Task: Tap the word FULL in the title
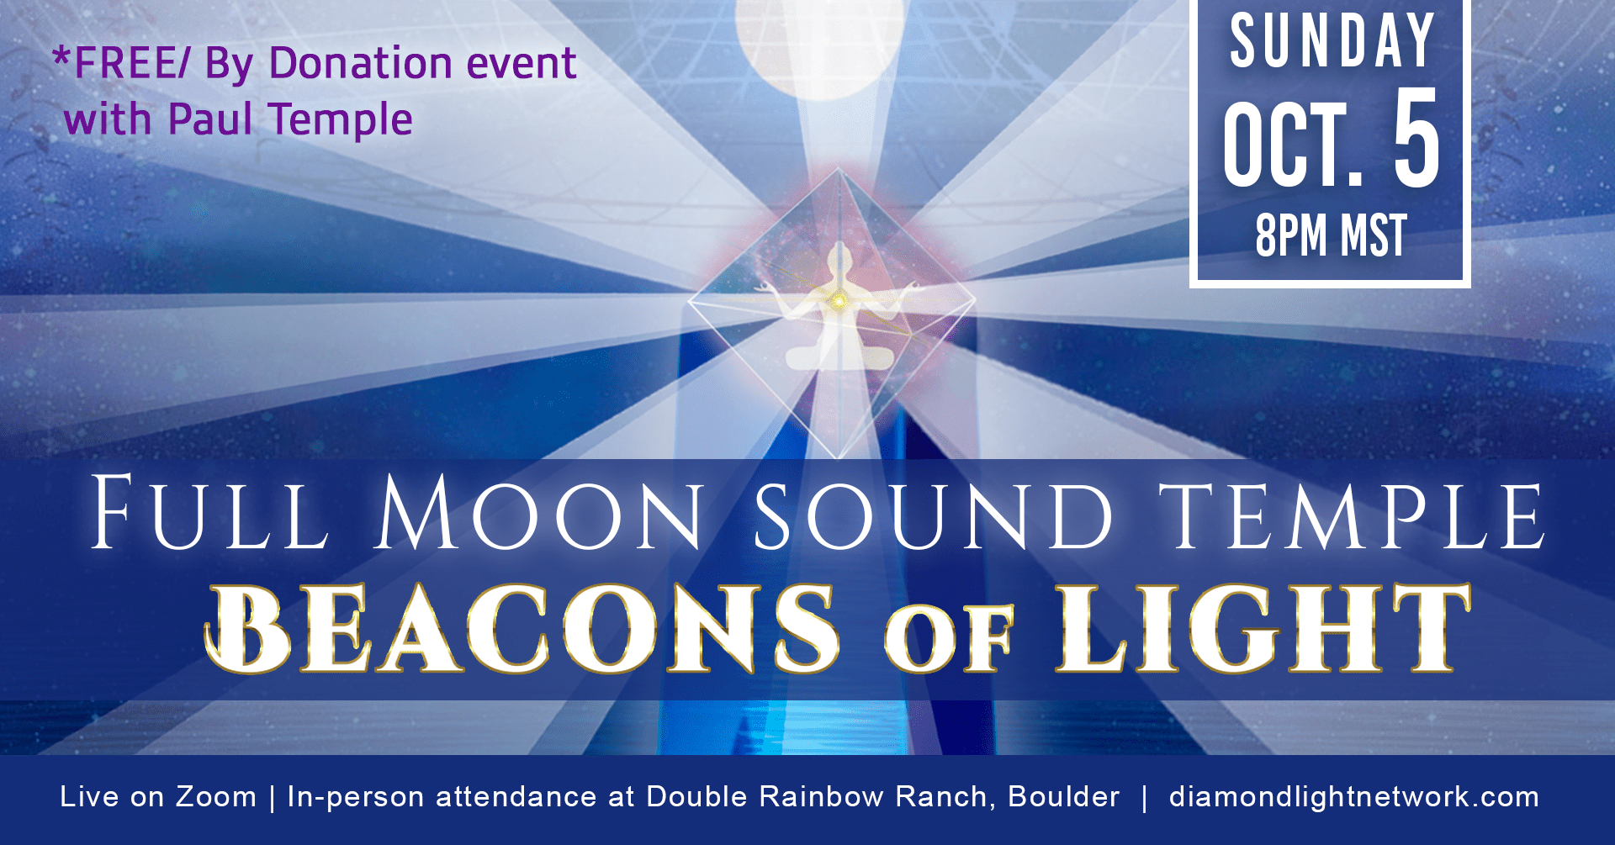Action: click(209, 511)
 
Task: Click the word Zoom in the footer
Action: click(216, 796)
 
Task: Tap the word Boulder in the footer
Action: click(1064, 796)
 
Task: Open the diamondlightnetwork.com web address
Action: click(1354, 796)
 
